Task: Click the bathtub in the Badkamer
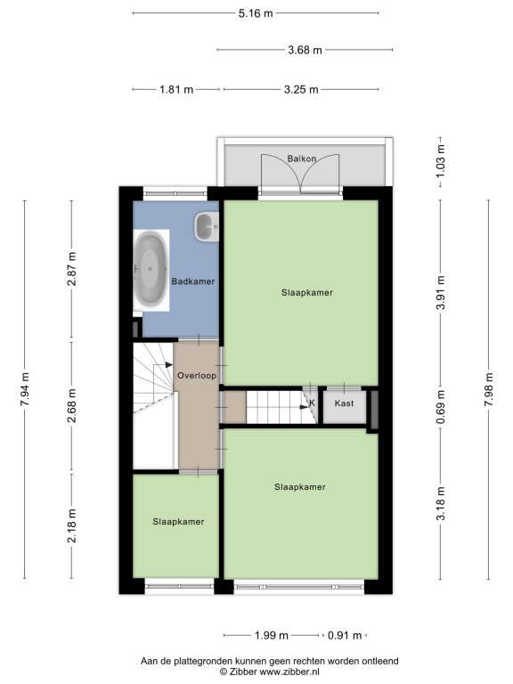point(151,270)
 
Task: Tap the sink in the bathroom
point(207,226)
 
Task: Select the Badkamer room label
point(193,281)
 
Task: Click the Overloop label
point(197,375)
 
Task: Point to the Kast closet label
point(344,403)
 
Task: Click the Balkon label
point(301,159)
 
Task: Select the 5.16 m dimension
point(256,13)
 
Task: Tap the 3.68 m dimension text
point(305,50)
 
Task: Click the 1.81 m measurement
point(176,90)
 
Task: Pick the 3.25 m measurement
point(301,90)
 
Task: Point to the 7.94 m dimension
point(25,389)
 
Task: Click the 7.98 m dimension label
point(489,389)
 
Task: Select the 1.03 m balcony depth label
point(441,160)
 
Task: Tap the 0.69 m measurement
point(441,407)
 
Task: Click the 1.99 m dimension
point(272,636)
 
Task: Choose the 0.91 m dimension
point(345,636)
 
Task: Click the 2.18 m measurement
point(71,525)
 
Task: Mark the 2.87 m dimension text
point(71,269)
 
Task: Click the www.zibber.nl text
point(289,672)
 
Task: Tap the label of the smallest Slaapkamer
point(178,522)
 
